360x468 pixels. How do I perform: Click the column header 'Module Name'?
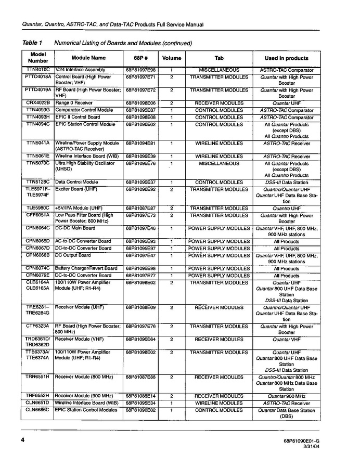pos(88,58)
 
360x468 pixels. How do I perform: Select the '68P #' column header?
pos(140,58)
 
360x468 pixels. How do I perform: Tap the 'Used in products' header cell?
pos(286,58)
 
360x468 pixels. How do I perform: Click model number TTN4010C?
pos(38,70)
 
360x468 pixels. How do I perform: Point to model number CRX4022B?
pos(38,103)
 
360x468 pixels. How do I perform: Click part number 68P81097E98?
pos(140,70)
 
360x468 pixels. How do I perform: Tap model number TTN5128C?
pos(38,183)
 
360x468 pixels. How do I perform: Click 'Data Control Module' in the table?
pos(76,183)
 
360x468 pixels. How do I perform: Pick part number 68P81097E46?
pos(140,228)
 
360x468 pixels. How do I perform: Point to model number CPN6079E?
pos(38,276)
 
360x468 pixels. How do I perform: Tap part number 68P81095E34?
pos(140,403)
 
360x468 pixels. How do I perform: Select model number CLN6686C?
pos(38,410)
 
